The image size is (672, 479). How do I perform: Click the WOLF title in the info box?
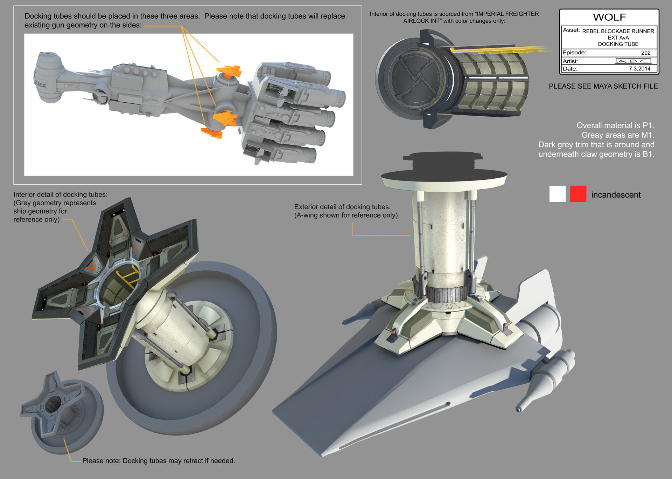[x=609, y=17]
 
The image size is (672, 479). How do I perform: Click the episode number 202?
[x=646, y=53]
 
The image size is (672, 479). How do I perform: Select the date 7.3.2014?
[x=639, y=69]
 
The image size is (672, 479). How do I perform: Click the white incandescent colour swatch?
[x=557, y=194]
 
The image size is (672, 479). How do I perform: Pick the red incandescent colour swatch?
[x=578, y=194]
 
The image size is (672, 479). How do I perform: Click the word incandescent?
[x=616, y=195]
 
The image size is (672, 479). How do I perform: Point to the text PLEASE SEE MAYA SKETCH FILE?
[x=603, y=86]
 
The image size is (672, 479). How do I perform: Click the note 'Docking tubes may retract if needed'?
[x=159, y=461]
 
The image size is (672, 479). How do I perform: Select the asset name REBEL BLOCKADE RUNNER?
[x=618, y=31]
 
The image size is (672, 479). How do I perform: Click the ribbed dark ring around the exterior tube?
[x=446, y=295]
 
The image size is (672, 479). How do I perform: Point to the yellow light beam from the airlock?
[x=500, y=49]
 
